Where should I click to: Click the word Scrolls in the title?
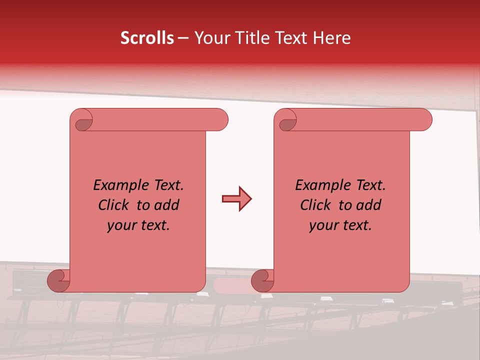click(x=147, y=38)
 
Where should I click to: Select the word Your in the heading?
click(x=210, y=38)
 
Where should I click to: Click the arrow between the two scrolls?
click(x=236, y=199)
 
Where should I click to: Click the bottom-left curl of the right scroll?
click(x=262, y=280)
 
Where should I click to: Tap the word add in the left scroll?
click(x=167, y=205)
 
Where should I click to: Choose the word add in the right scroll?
click(x=369, y=205)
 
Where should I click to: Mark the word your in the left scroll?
click(x=121, y=226)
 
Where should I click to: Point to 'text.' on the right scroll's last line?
click(x=357, y=226)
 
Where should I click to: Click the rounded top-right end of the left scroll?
click(x=220, y=120)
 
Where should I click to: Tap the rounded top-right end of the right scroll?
click(x=424, y=120)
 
